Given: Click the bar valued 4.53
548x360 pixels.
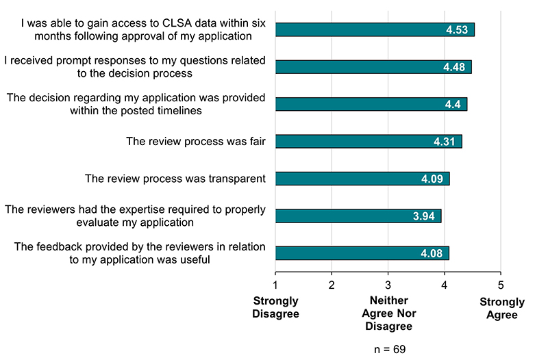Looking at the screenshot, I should point(375,29).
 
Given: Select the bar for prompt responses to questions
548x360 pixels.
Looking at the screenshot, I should point(373,67).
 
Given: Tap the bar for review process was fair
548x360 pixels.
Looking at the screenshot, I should point(369,142).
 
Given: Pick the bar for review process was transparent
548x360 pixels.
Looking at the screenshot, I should point(362,179).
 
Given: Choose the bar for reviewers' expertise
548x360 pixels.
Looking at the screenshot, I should point(358,216).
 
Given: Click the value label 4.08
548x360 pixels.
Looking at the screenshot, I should point(434,254).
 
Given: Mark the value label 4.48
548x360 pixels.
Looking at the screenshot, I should point(456,67).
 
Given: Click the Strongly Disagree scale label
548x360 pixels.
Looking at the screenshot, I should point(276,307).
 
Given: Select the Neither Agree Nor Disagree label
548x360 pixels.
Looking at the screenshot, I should point(388,313).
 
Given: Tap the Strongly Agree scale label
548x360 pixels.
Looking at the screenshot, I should point(501,309).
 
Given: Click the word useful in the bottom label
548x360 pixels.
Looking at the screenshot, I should point(192,259).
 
